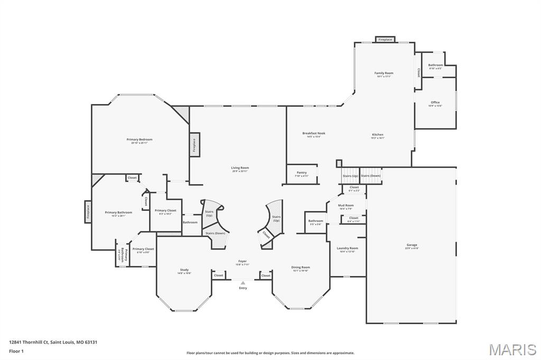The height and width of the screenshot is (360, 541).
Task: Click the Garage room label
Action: (412, 245)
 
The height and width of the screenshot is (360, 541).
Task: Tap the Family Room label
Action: (384, 73)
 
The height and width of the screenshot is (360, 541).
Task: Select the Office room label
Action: (435, 103)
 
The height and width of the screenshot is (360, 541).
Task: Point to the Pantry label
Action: (302, 173)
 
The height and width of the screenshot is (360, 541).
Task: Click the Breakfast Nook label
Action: (314, 134)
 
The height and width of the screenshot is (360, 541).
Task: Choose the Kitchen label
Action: (377, 135)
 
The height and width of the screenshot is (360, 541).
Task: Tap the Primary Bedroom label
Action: (139, 140)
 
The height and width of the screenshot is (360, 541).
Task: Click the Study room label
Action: (184, 270)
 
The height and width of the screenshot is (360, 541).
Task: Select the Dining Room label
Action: (301, 268)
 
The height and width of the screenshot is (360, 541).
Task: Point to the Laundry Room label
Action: (348, 249)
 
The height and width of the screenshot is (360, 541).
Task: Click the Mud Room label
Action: (346, 205)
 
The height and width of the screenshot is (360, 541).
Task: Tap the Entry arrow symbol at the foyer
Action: (243, 283)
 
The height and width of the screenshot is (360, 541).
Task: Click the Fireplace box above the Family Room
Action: (385, 40)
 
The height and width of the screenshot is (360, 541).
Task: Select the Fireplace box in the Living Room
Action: (194, 144)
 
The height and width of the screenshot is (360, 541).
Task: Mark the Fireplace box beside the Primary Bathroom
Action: (88, 212)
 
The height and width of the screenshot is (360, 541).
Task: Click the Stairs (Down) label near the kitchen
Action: (370, 176)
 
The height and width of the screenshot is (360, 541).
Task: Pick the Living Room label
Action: (239, 168)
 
